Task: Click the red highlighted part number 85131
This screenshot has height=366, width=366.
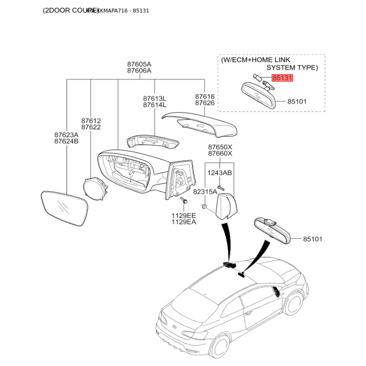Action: click(282, 78)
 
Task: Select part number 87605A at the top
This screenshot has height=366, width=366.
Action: click(139, 64)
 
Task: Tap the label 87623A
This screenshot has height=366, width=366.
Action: click(66, 135)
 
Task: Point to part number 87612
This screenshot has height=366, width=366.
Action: click(91, 121)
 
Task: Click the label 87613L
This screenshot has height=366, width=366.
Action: click(155, 98)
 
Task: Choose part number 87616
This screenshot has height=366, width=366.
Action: click(205, 97)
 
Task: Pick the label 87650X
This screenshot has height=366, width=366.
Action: click(220, 147)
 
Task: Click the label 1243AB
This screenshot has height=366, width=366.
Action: click(220, 173)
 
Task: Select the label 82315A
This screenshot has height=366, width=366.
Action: click(205, 192)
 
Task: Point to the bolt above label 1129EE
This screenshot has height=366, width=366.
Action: click(184, 200)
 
